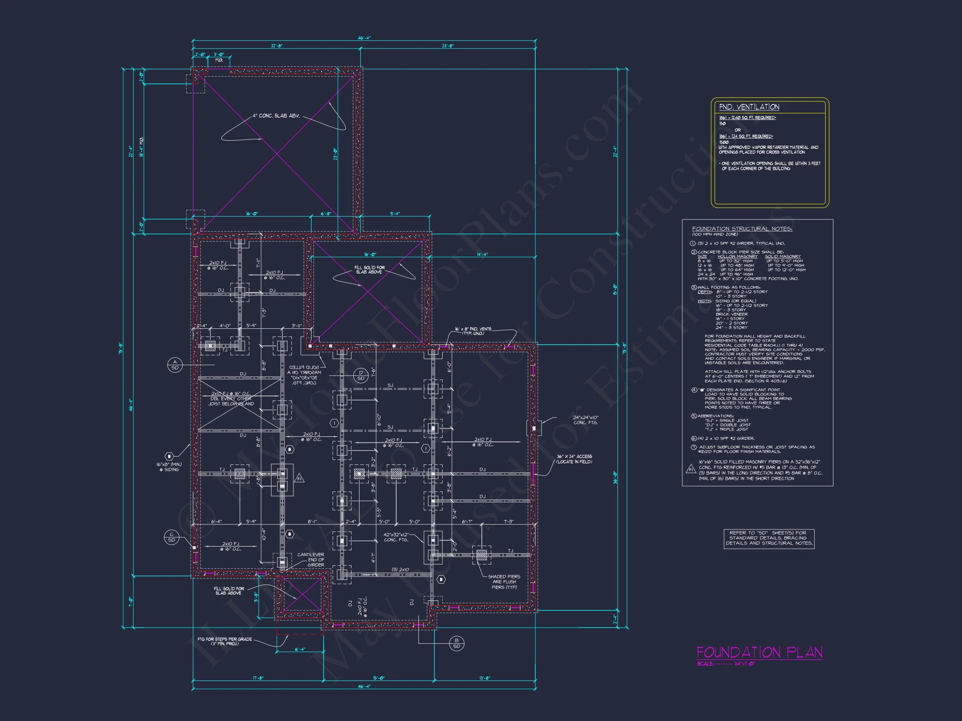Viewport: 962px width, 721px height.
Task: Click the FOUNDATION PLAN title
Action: [x=759, y=652]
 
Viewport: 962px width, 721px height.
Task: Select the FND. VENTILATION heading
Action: [x=749, y=107]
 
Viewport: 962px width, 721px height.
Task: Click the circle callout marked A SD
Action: [x=175, y=365]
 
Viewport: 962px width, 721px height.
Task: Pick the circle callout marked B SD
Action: [x=456, y=643]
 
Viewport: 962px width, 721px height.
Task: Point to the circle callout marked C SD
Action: [x=171, y=537]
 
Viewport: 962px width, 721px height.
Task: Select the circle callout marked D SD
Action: [x=360, y=376]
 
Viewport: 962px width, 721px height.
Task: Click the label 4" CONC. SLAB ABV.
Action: [x=276, y=116]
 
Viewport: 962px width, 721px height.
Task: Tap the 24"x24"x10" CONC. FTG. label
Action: [x=585, y=420]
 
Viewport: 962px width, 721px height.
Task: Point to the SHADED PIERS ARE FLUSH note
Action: [x=504, y=582]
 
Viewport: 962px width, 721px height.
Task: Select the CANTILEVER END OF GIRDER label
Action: [x=311, y=560]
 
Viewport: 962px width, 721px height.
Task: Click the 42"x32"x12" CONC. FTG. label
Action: [x=396, y=537]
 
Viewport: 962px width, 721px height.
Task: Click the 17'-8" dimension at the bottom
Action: [x=258, y=678]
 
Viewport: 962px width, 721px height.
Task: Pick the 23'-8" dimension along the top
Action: [x=448, y=45]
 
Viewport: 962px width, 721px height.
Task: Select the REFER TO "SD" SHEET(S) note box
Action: [x=768, y=538]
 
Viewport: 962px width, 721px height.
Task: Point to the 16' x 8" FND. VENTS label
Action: [x=473, y=331]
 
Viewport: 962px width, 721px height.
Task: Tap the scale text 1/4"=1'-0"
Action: [x=744, y=664]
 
